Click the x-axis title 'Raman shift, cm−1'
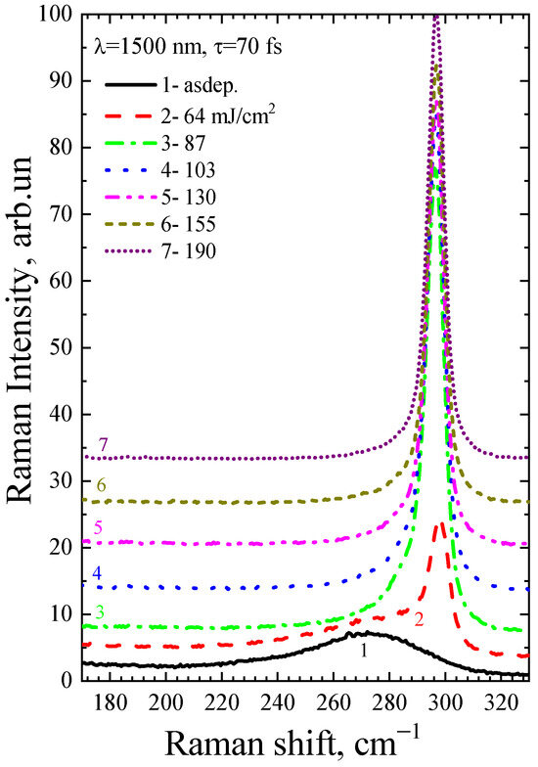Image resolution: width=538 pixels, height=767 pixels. coord(307,743)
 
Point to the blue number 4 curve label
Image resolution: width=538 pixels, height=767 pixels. coord(98,573)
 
